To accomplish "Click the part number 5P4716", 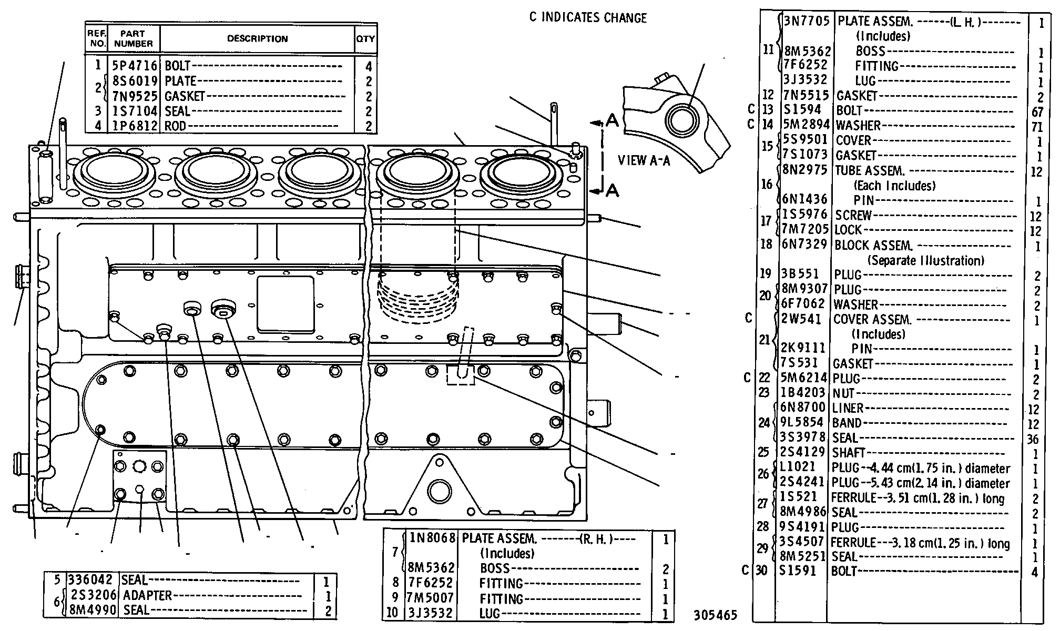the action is (135, 66).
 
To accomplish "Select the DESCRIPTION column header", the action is (257, 38).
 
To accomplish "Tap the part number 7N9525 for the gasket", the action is (135, 96).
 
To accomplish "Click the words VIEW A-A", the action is (644, 160).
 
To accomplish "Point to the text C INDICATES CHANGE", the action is (588, 18).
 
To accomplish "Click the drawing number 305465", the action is (715, 615).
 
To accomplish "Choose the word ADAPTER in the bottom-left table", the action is (147, 595).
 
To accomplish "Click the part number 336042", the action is (90, 580).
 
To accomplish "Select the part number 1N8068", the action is (432, 538).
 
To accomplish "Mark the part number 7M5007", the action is (431, 598).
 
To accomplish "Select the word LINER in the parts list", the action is (848, 408).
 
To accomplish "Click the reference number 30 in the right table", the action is (761, 571).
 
